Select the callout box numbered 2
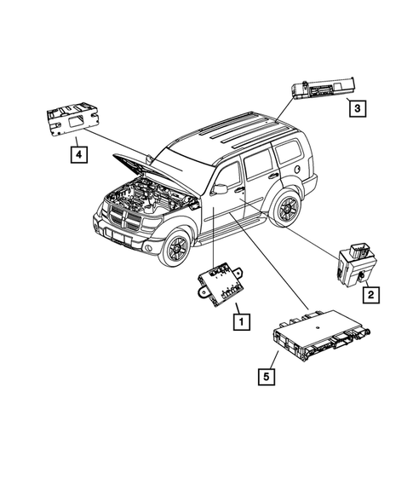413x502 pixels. (x=370, y=295)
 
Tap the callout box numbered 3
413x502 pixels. (x=357, y=108)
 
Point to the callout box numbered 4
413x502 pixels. (x=77, y=153)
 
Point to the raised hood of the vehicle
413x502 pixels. (x=153, y=170)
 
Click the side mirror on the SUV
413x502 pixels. (x=221, y=187)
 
